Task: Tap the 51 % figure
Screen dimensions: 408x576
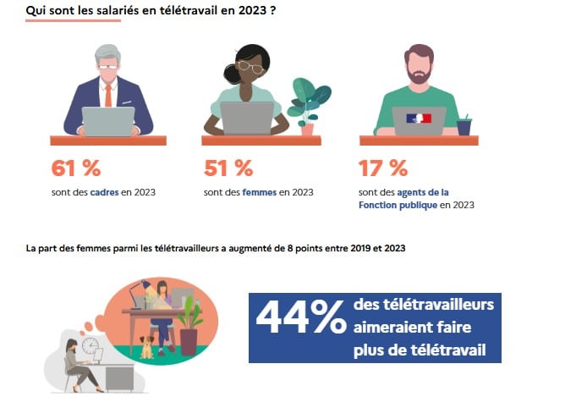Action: click(x=228, y=168)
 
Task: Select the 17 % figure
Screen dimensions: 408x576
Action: click(x=382, y=168)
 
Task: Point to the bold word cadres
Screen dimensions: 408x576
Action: click(x=105, y=192)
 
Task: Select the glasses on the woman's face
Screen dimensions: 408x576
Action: click(x=249, y=66)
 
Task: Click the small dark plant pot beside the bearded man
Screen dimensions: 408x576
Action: click(x=464, y=127)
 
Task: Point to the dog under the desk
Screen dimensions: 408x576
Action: click(x=147, y=346)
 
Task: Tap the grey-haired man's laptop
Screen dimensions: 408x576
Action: click(x=107, y=121)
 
